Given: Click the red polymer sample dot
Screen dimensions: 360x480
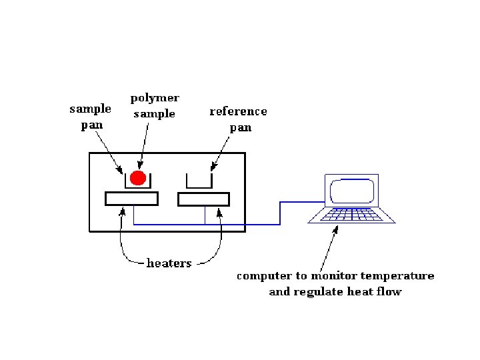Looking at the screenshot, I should pos(137,177).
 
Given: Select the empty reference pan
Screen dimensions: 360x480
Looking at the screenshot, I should pos(199,181).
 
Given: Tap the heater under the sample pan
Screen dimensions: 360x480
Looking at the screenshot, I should pos(131,199).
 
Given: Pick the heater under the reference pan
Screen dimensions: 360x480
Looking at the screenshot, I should pos(203,199).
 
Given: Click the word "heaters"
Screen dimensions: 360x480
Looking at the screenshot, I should pos(169,263).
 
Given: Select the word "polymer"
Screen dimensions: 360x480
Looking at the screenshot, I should pos(155,99).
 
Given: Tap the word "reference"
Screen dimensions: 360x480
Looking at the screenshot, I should pos(238,111).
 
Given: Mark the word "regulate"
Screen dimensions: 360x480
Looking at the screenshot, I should pos(317,292).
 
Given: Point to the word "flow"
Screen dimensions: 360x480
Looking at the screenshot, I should pos(388,292).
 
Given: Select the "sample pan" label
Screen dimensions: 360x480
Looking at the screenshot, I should pos(91,117).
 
